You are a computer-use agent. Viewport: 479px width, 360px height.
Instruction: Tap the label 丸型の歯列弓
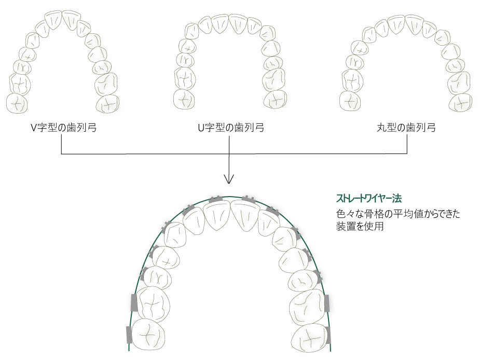406,128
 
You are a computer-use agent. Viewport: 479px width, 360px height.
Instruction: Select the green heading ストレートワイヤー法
369,199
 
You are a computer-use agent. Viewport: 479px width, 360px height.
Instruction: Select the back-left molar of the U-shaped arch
185,99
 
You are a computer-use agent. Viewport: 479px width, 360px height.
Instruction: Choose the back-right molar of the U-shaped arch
275,99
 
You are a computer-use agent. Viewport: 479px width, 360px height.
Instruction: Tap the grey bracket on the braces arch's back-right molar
329,336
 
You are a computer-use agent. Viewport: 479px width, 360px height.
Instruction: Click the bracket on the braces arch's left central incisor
216,199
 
